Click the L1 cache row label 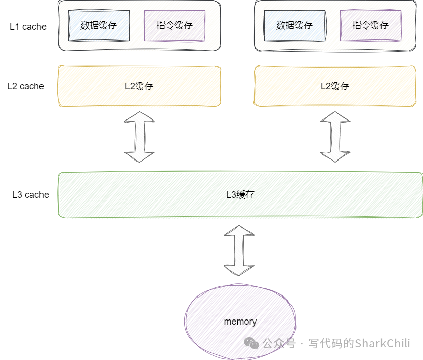point(28,27)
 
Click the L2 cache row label point(25,86)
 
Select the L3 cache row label point(30,195)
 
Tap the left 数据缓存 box point(99,25)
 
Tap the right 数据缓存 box point(294,25)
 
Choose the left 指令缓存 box point(175,25)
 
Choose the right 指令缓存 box point(370,25)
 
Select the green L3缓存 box point(152,195)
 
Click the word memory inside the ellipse point(240,322)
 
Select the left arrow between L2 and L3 point(139,137)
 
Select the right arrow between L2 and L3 point(335,137)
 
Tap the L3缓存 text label point(240,195)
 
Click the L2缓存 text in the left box point(139,86)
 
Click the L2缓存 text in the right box point(335,86)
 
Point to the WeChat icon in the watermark point(251,343)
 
